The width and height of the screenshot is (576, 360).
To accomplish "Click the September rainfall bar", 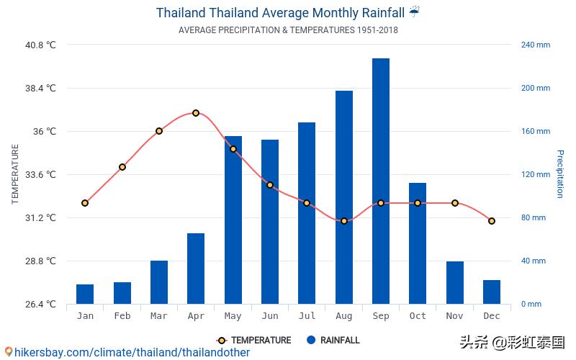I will click(381, 181).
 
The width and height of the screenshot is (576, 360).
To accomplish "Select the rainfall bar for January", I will click(85, 294).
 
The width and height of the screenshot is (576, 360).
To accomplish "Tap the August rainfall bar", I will click(344, 197).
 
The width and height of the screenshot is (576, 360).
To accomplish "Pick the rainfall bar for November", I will click(455, 282).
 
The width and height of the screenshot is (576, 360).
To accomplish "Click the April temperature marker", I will click(196, 113).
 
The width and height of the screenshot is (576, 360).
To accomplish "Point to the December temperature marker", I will click(492, 221).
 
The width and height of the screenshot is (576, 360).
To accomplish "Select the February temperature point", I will click(122, 167).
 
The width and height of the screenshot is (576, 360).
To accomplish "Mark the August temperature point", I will click(344, 221).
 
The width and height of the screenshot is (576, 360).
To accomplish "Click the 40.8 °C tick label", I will click(40, 45).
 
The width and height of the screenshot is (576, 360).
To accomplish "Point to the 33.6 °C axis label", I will click(40, 174).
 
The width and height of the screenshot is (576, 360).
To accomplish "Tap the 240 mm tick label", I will click(536, 45).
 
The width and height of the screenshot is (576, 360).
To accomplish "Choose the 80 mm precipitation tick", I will click(534, 217).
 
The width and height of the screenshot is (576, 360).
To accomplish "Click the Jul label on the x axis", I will click(307, 316).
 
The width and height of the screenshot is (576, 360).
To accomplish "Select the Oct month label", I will click(418, 316).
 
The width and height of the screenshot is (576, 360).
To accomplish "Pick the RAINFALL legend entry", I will click(333, 341).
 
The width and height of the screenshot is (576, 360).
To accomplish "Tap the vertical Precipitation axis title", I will click(559, 174).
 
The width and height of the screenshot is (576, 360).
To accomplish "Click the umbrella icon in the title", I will click(415, 12).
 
